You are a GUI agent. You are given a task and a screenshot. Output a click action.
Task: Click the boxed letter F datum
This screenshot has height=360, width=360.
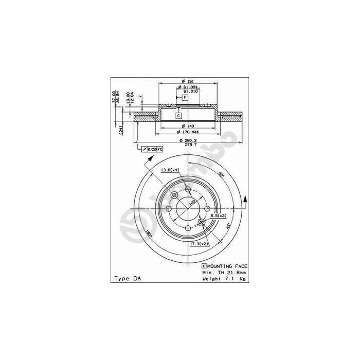click(183, 97)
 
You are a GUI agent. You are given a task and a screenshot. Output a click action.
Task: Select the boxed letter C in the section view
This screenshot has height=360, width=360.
click(178, 116)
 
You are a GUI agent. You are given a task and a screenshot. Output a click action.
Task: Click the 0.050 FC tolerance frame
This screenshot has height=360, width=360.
click(153, 149)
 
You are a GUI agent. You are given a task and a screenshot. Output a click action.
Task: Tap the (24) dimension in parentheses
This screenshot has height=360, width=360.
click(120, 130)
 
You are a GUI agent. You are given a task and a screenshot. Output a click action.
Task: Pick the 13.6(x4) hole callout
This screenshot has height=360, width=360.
click(170, 170)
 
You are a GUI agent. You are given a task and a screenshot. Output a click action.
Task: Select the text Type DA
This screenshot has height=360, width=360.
click(126, 278)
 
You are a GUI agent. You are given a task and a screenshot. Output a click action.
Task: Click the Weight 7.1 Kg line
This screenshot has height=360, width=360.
click(224, 278)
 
